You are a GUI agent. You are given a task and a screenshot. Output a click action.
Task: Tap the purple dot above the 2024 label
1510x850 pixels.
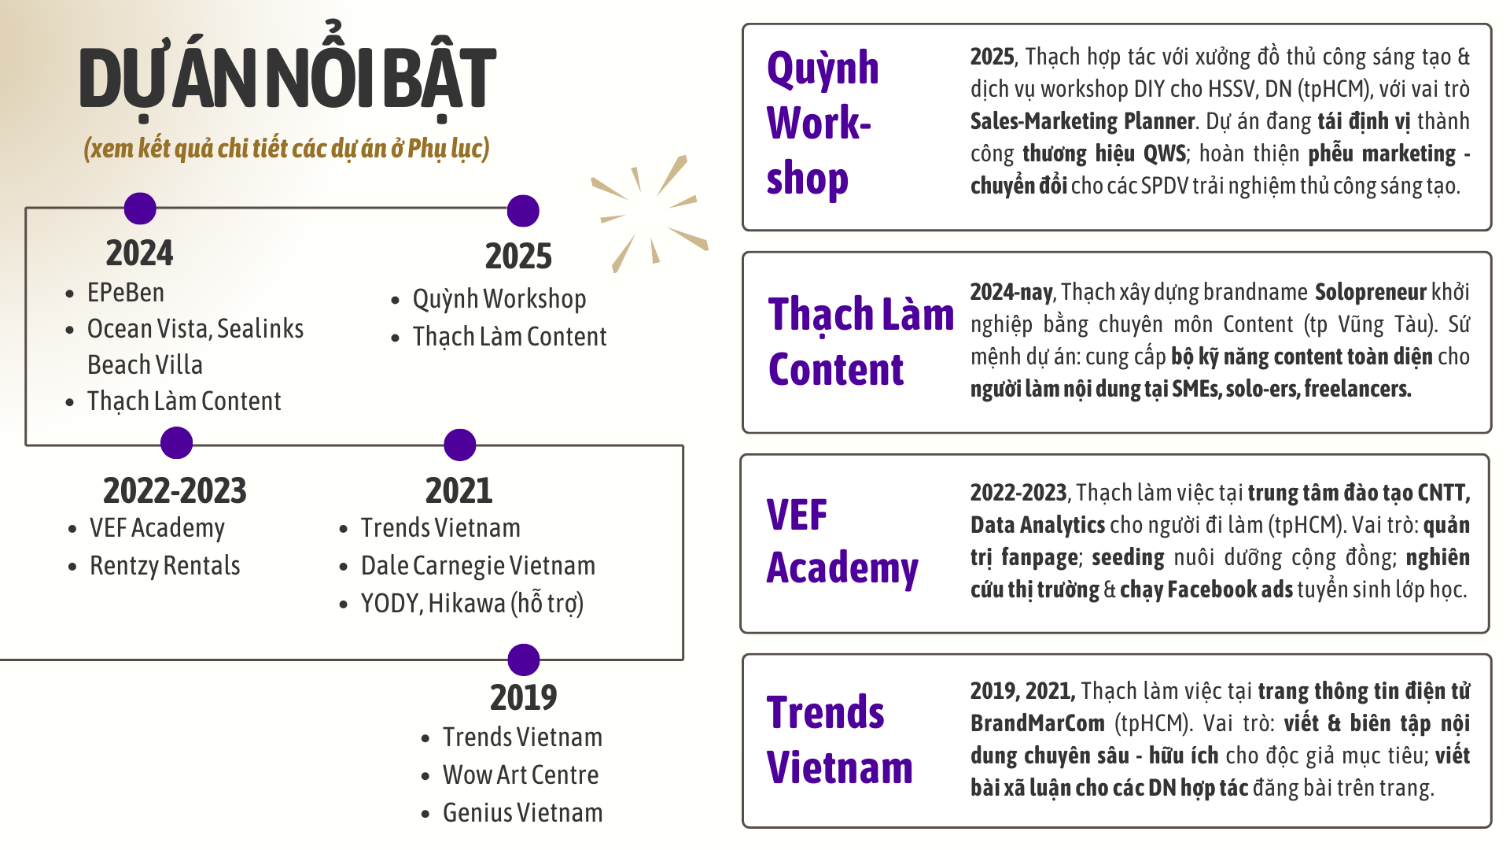pos(140,209)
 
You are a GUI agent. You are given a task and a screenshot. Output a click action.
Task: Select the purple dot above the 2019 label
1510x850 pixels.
pos(524,660)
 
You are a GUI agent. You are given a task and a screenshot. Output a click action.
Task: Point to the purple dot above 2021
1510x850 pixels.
pos(460,445)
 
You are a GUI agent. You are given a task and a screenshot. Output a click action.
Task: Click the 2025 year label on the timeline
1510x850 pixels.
pos(518,256)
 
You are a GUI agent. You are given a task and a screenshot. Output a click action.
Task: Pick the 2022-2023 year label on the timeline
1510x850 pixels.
pos(175,490)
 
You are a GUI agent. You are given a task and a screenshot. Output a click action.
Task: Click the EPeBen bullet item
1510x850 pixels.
pos(126,293)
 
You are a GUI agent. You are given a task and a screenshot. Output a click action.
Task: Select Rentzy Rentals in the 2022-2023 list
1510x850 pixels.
pos(165,566)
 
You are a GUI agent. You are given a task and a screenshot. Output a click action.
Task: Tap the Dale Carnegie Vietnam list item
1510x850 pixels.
pos(478,566)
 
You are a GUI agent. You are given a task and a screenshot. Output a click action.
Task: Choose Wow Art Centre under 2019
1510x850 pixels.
pos(521,775)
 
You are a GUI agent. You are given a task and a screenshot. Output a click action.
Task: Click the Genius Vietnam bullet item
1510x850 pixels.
pos(523,813)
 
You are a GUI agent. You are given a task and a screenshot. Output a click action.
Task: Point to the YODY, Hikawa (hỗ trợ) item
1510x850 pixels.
pos(472,604)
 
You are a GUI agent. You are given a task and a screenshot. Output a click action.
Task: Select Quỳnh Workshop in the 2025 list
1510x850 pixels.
pos(499,299)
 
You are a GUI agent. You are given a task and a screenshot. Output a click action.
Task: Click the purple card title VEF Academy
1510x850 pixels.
pos(842,541)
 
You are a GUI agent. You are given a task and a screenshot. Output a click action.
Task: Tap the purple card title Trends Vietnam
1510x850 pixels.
pos(840,740)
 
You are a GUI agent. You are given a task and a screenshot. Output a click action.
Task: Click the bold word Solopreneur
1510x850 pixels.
pos(1370,292)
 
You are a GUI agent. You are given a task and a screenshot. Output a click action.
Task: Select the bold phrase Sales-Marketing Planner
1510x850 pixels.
pos(1082,121)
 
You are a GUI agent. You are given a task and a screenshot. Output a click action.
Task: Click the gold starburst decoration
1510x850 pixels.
pos(650,213)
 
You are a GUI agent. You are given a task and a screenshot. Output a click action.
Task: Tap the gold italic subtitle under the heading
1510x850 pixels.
pos(287,148)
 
